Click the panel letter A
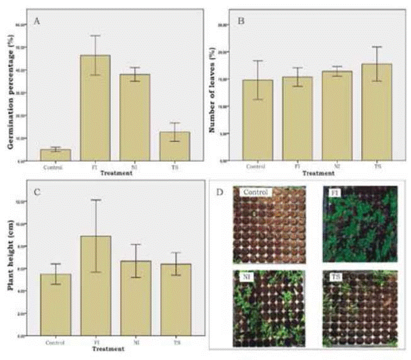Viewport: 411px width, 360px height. [x=37, y=22]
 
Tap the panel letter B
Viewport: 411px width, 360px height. [x=241, y=22]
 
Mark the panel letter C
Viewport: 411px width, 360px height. [x=37, y=192]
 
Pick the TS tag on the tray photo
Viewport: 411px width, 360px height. [x=337, y=276]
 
